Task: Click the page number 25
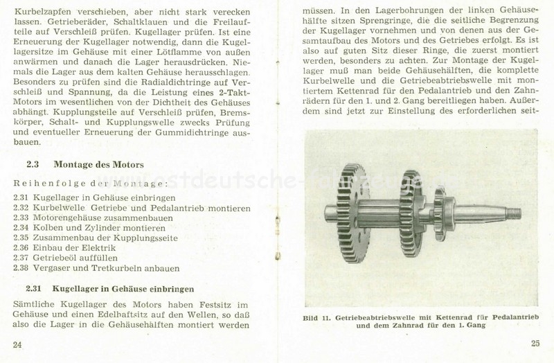(535, 343)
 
